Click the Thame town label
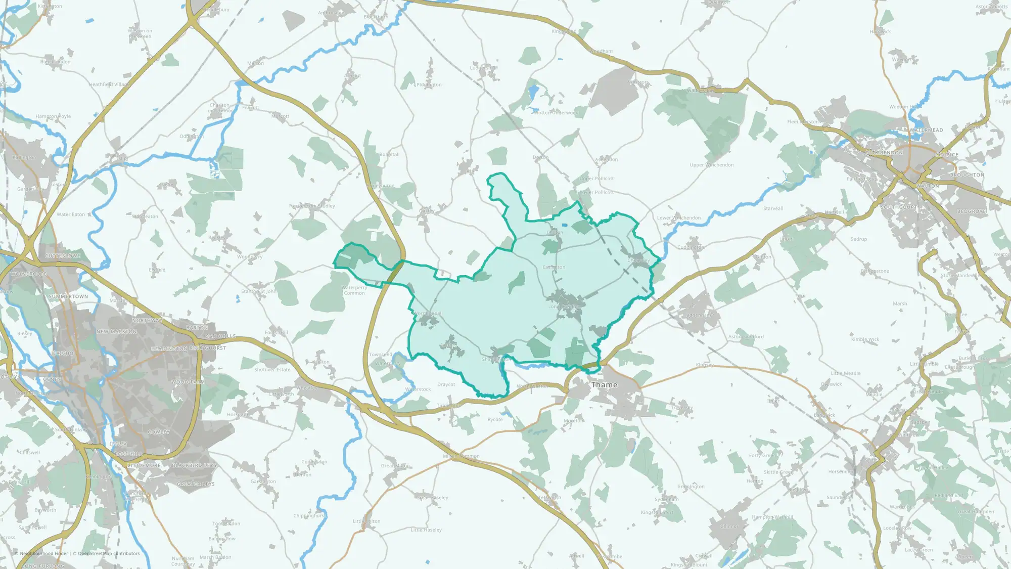604,385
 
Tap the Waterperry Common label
354,290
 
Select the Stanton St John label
258,291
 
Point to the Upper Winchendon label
711,165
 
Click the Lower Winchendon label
678,218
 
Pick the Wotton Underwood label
556,113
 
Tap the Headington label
169,349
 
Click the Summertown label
68,296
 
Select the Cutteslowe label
63,256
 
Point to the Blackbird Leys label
194,465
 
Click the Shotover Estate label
272,370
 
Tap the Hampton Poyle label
53,116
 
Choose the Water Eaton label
71,214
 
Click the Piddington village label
429,85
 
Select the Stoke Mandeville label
960,276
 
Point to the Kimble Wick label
865,339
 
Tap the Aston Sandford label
746,337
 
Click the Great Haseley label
432,498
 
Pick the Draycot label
446,384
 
